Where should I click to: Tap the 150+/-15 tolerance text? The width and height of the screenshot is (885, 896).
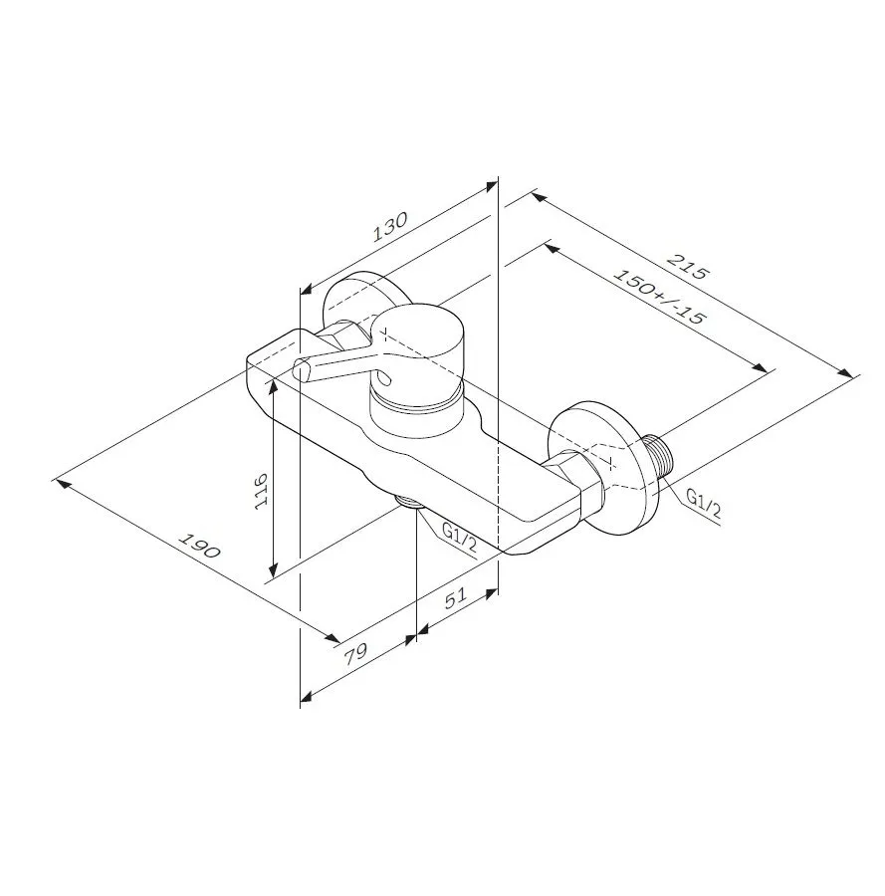coord(659,297)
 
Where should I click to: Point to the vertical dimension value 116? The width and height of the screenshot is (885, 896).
coord(261,490)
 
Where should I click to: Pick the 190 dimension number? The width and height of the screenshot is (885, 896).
coord(200,547)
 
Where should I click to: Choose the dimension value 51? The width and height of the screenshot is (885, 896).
coord(455,599)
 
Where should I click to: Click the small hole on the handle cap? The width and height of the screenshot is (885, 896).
coord(381,378)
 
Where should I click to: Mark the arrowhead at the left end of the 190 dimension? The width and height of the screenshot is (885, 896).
coord(60,483)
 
